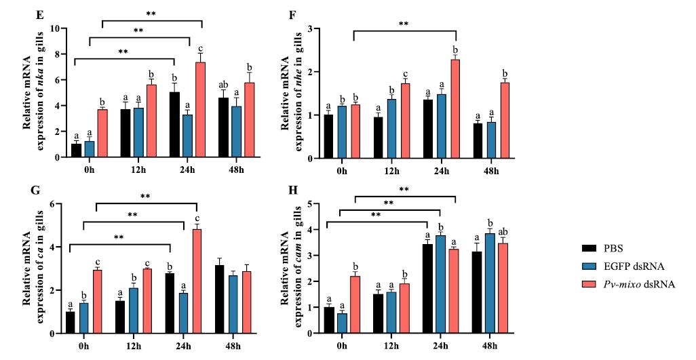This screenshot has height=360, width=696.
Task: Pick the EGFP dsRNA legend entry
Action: (625, 267)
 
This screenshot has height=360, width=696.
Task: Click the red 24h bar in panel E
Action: (200, 111)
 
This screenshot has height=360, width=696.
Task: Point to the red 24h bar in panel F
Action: (456, 109)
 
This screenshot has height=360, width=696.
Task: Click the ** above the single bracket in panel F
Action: (404, 24)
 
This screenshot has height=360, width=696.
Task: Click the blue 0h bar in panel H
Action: (342, 323)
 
